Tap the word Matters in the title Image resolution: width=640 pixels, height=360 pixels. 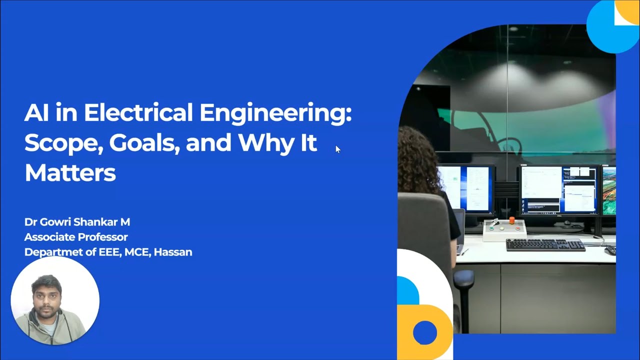(x=70, y=173)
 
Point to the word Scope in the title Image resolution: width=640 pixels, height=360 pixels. (x=62, y=143)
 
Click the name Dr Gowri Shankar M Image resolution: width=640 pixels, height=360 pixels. (x=77, y=222)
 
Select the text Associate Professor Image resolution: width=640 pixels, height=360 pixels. (x=76, y=237)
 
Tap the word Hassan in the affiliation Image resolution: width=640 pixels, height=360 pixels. (x=173, y=252)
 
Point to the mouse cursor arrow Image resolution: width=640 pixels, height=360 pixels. (x=337, y=149)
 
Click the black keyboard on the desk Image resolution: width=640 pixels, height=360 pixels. (x=545, y=245)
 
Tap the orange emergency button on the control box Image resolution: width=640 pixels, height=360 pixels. (x=511, y=220)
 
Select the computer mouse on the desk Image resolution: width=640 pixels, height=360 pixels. (x=610, y=250)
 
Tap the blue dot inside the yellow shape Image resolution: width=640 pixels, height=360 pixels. (x=425, y=332)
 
